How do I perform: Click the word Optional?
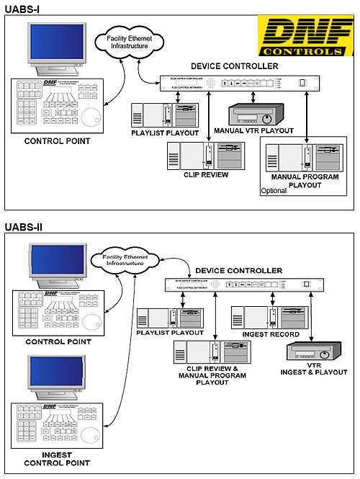(274, 191)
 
